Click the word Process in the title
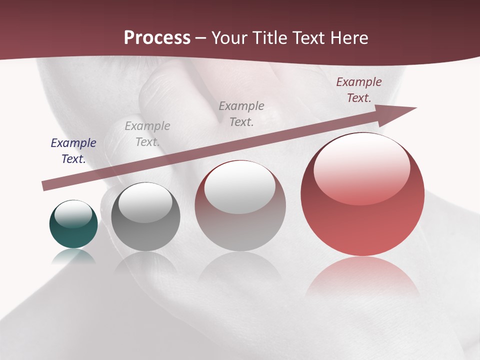[157, 38]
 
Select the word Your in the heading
[229, 38]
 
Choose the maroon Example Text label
[359, 90]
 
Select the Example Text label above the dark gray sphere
[147, 134]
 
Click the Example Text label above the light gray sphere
[241, 113]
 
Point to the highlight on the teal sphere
[73, 214]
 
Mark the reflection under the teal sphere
[73, 256]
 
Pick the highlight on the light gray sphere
[240, 186]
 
